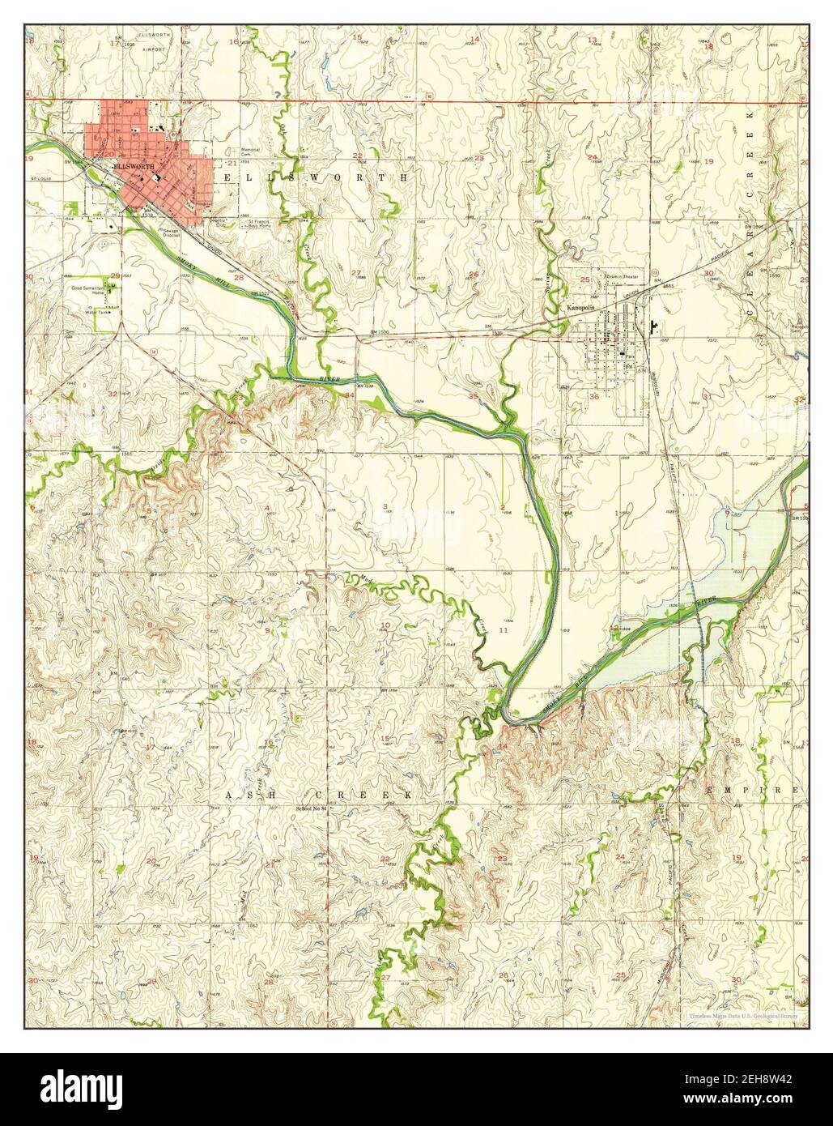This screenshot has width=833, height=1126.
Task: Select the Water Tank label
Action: [97, 312]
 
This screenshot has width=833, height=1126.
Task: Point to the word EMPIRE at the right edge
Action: [753, 788]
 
